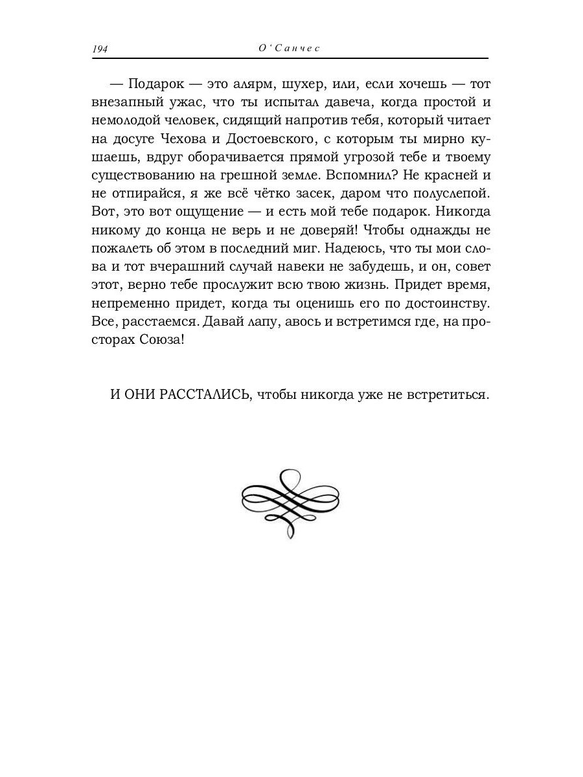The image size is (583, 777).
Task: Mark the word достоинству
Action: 449,302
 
